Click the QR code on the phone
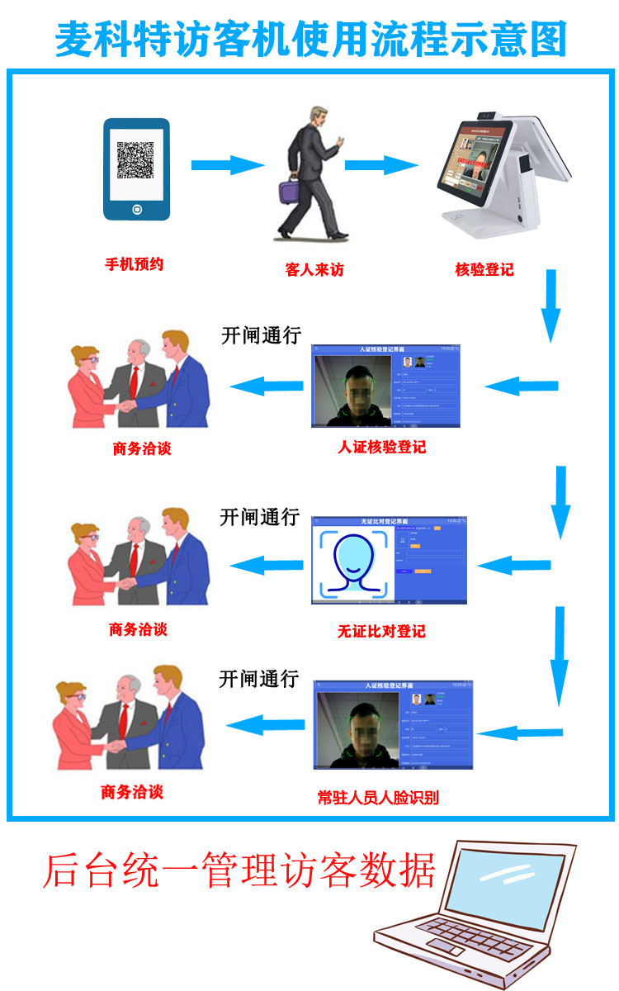(x=135, y=160)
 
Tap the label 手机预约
(x=134, y=265)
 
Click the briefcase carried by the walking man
(x=289, y=192)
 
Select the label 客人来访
(x=314, y=270)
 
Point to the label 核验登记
(x=484, y=269)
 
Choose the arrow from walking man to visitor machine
(x=381, y=165)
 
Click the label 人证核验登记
(x=382, y=448)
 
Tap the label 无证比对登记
(x=381, y=632)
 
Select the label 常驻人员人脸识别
(x=378, y=798)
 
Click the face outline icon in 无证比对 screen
(x=353, y=562)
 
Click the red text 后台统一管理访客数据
(x=239, y=870)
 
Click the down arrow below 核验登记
(x=550, y=306)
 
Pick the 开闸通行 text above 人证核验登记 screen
(x=261, y=336)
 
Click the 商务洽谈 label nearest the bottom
(x=132, y=792)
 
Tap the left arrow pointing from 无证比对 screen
(x=266, y=566)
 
